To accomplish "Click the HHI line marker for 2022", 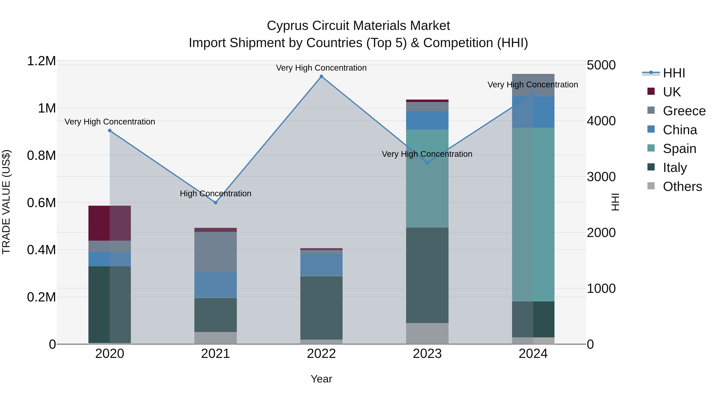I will pos(321,76).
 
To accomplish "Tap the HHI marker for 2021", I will pos(215,202).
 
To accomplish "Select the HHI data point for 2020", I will pos(110,130).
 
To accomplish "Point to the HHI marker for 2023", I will pos(427,163).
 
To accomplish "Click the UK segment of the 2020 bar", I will pos(110,223).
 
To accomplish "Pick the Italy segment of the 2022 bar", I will pos(321,307).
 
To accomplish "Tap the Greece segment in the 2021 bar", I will pos(215,252).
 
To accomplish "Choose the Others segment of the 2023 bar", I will pos(427,333).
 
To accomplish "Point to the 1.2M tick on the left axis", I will pos(41,61).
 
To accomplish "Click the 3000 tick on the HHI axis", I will pos(601,177).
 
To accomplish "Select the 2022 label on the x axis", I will pos(321,354).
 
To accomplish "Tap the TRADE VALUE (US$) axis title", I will pos(6,202).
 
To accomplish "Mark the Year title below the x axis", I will pos(321,379).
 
